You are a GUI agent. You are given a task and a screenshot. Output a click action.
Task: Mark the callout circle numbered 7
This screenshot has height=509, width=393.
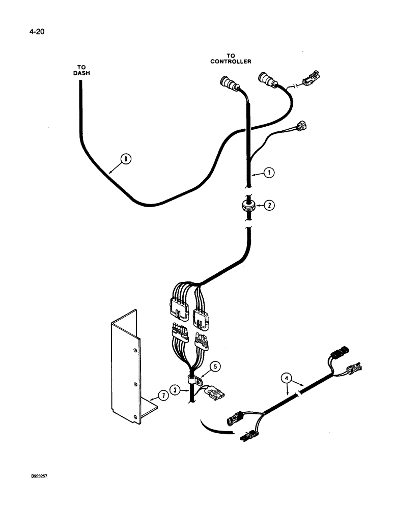[161, 395]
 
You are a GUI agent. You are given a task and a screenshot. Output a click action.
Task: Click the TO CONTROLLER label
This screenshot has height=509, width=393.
[231, 59]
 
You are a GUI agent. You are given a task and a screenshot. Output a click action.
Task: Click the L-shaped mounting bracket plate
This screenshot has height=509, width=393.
[125, 366]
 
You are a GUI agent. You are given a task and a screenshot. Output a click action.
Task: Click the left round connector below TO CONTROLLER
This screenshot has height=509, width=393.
[227, 82]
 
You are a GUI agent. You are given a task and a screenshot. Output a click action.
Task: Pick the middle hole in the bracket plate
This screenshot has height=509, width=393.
[134, 384]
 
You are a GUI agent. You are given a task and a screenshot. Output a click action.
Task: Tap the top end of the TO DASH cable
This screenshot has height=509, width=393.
[80, 82]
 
